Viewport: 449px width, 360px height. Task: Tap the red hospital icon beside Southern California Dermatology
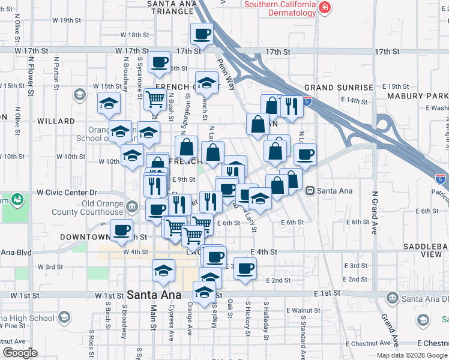pyautogui.click(x=325, y=7)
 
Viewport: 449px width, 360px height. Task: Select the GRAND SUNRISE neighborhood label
pyautogui.click(x=339, y=88)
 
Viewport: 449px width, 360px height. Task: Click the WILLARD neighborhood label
pyautogui.click(x=55, y=121)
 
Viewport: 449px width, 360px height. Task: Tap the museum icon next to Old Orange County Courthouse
pyautogui.click(x=131, y=208)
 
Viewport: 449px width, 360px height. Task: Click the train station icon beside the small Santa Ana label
pyautogui.click(x=310, y=191)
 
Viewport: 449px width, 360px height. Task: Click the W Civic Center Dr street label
pyautogui.click(x=67, y=193)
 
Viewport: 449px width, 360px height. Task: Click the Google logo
pyautogui.click(x=20, y=353)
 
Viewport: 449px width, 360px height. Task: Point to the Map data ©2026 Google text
pyautogui.click(x=411, y=355)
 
